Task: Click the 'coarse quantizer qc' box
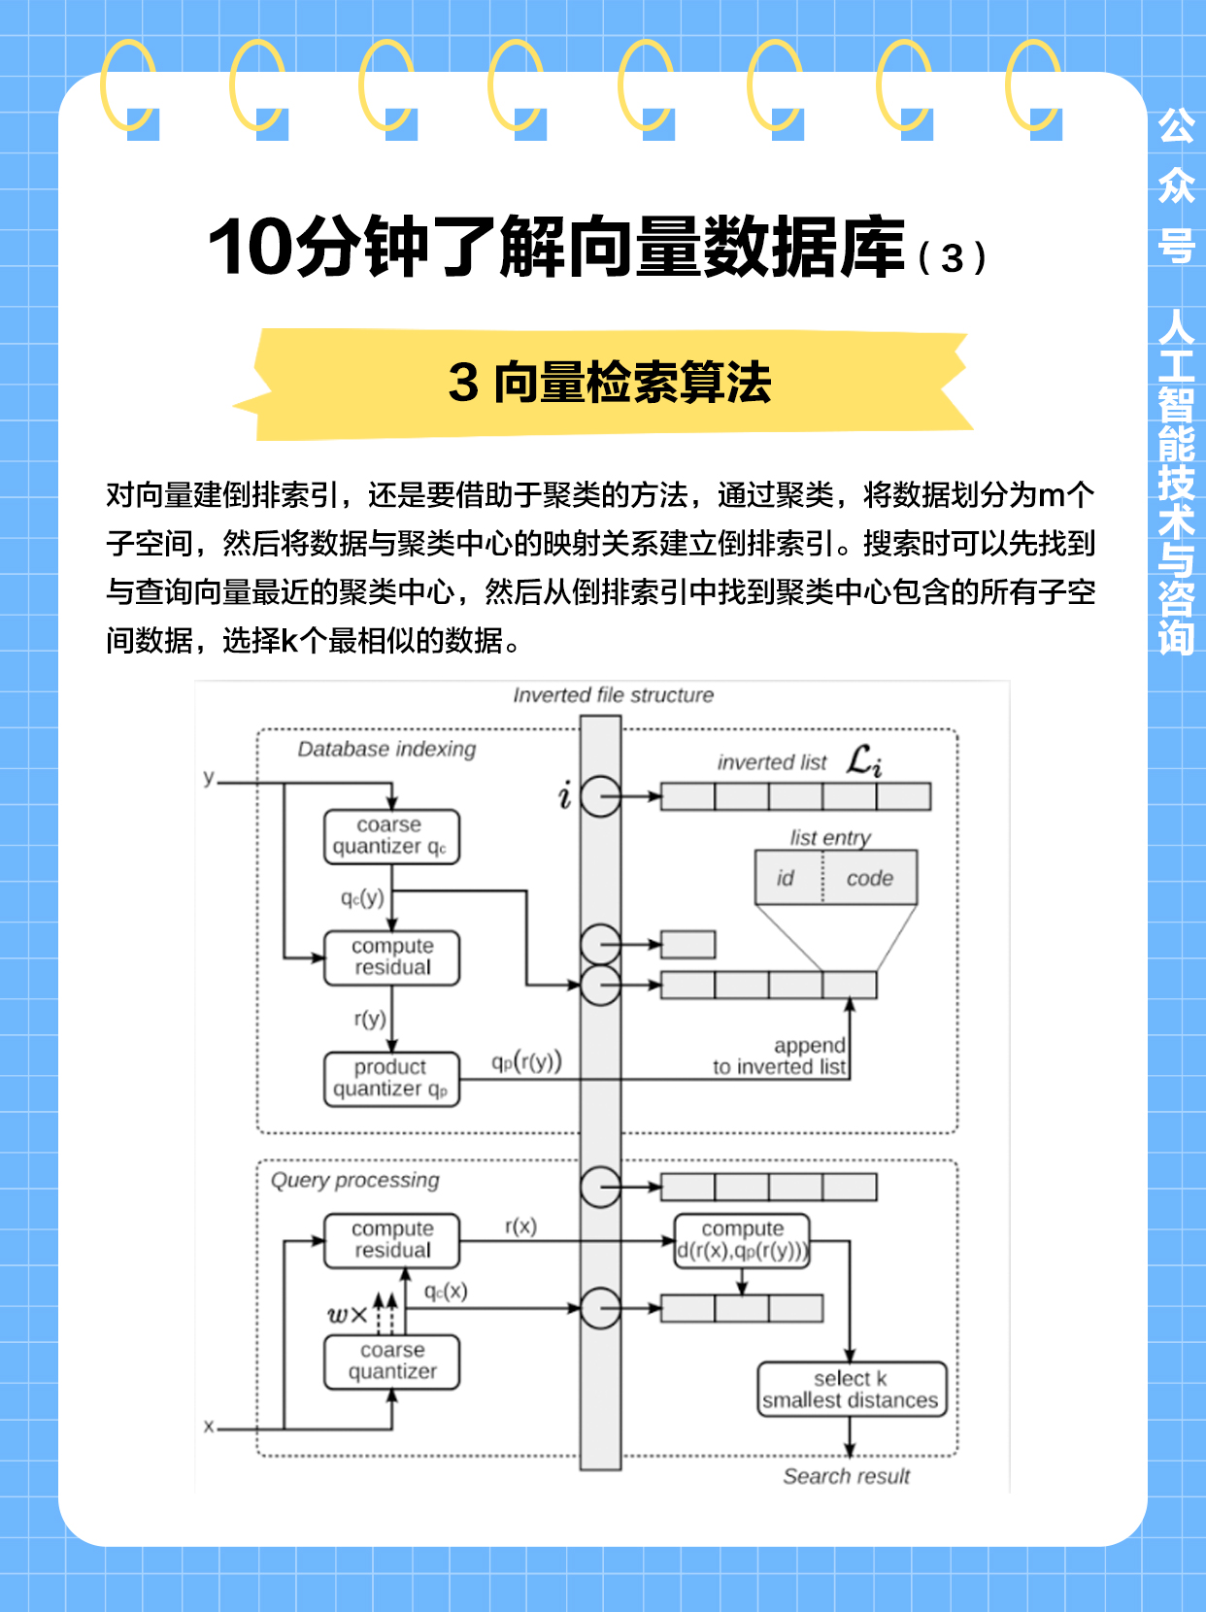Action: click(x=391, y=836)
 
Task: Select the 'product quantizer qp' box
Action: click(x=391, y=1079)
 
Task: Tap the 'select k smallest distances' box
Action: click(x=852, y=1390)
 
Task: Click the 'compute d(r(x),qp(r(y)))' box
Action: click(x=743, y=1241)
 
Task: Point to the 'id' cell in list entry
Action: click(x=787, y=878)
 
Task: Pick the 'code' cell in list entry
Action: click(x=869, y=878)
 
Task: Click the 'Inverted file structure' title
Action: click(x=613, y=695)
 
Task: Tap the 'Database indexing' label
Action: click(x=386, y=749)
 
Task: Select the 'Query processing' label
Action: click(x=354, y=1180)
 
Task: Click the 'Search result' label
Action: click(x=846, y=1476)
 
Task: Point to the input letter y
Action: click(x=209, y=778)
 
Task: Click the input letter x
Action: click(x=209, y=1427)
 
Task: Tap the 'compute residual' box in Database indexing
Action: click(x=391, y=957)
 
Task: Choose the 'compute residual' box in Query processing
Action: click(x=391, y=1240)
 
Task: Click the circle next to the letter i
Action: click(x=601, y=797)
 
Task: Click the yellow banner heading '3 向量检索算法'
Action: click(x=610, y=383)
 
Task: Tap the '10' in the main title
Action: click(x=251, y=249)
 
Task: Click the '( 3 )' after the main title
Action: click(x=952, y=258)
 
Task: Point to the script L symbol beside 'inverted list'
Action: click(x=863, y=760)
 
